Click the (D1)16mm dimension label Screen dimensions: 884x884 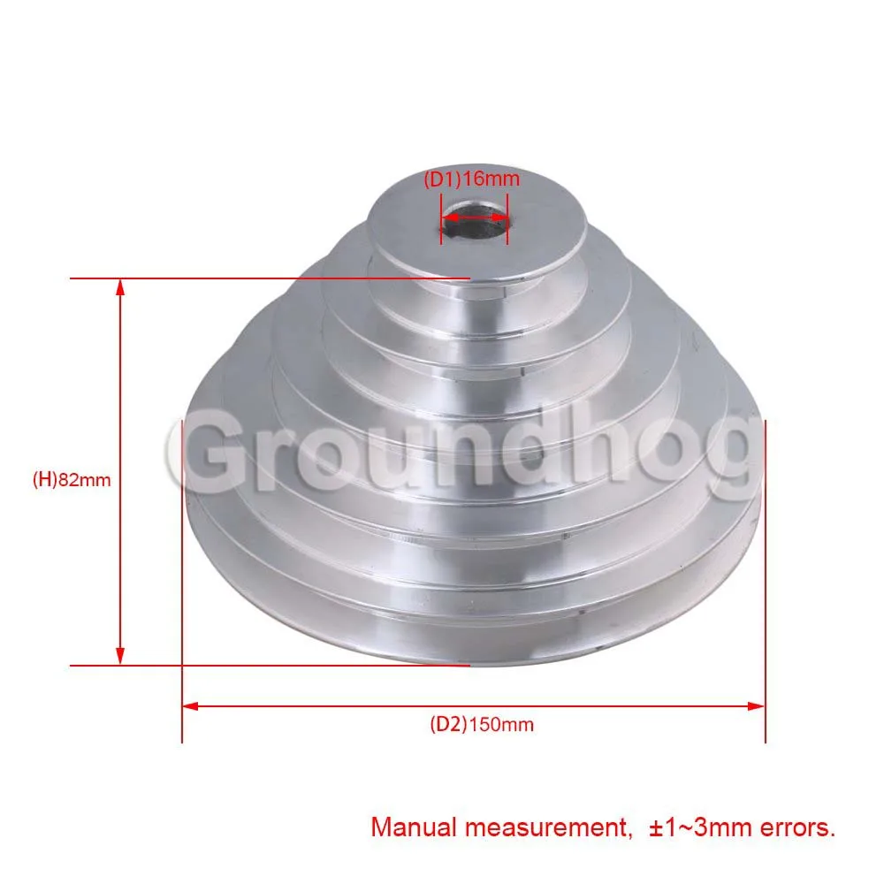[471, 179]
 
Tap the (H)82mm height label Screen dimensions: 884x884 [72, 480]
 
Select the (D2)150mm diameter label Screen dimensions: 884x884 [482, 725]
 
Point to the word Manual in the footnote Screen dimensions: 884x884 [413, 827]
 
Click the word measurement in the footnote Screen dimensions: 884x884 [545, 828]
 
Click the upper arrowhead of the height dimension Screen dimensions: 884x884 [119, 287]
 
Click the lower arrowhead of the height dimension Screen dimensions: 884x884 [119, 656]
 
